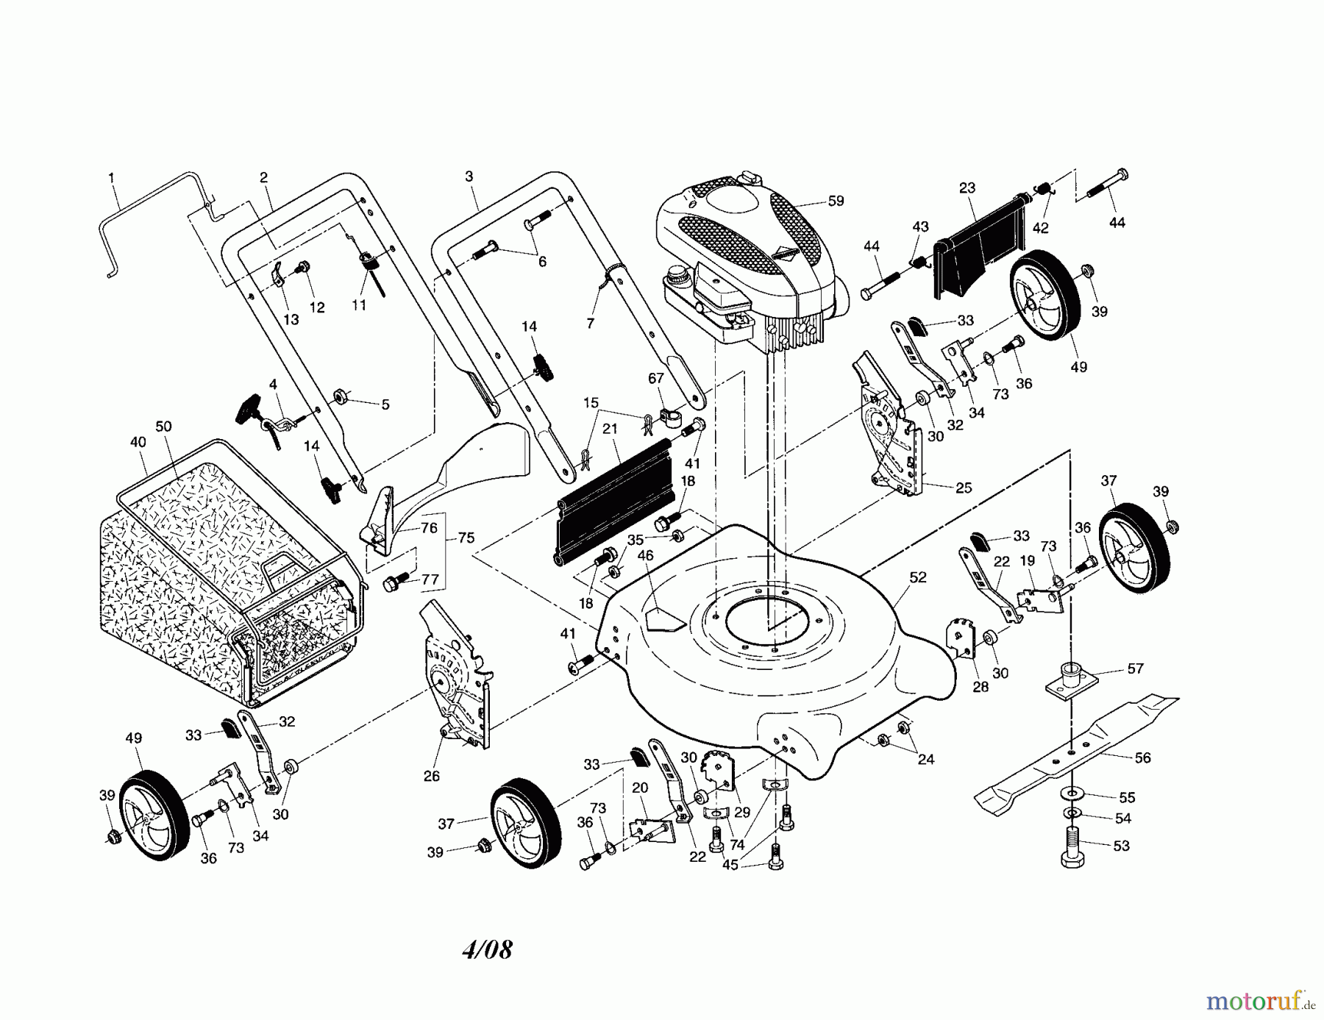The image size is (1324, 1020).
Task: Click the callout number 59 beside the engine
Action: [836, 201]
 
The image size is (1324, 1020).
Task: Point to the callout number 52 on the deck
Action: [917, 577]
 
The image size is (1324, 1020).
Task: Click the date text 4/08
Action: [487, 949]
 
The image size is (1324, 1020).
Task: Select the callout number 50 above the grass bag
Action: [163, 427]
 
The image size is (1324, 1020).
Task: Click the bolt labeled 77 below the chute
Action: [391, 584]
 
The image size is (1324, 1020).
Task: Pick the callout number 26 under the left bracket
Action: [432, 776]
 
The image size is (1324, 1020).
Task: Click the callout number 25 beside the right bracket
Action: [964, 488]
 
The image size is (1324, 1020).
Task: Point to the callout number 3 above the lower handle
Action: [469, 176]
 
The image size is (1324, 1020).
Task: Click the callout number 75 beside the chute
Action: [466, 538]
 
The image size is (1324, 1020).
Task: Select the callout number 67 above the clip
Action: [655, 378]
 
